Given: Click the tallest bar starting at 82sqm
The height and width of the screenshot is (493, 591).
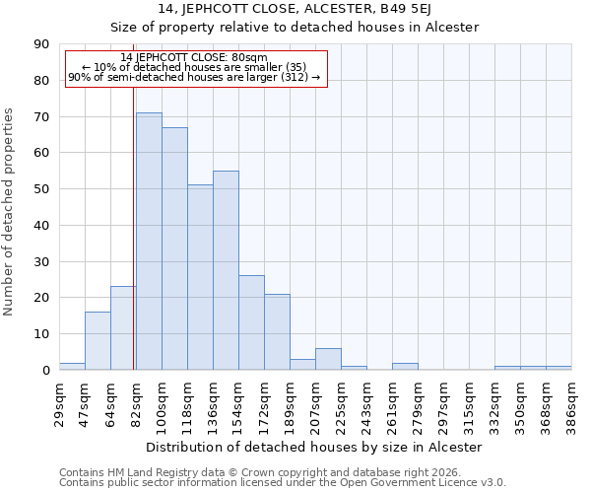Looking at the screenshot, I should (x=149, y=242).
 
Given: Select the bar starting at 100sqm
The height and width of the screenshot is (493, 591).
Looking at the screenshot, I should (x=174, y=248).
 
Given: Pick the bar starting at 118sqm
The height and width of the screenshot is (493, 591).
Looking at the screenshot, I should (x=200, y=277).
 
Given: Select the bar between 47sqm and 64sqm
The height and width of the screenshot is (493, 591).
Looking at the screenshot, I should (x=98, y=341).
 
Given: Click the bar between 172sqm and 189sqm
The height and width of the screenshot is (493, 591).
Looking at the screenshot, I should (x=277, y=332).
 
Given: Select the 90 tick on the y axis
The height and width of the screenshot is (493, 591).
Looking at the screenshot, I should (x=41, y=44).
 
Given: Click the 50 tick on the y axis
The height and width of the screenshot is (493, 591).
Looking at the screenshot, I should (x=41, y=189).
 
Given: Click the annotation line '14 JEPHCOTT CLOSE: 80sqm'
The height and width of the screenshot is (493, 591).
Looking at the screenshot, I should (x=194, y=57).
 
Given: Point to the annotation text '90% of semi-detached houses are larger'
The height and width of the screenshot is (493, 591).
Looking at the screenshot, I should (x=194, y=77).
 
